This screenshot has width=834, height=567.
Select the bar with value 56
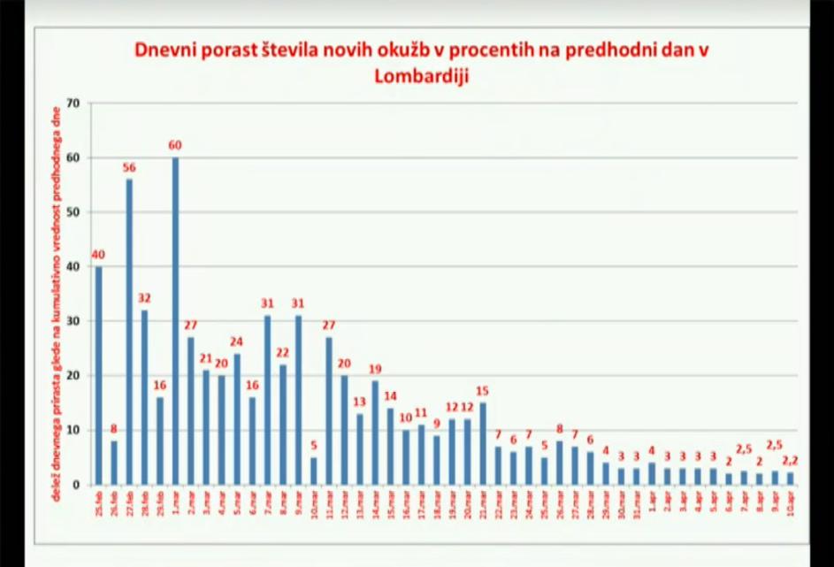(129, 332)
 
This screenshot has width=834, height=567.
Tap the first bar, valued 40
(98, 375)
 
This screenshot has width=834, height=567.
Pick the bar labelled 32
(144, 397)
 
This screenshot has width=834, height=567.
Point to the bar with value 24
(237, 419)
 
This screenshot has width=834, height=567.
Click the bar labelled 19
(375, 433)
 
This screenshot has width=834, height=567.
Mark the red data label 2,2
(790, 461)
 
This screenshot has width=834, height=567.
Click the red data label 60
(175, 145)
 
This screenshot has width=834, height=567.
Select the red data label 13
(359, 402)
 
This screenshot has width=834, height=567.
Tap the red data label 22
(282, 353)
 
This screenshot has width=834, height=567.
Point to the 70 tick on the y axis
(73, 103)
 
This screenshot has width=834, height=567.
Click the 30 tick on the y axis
(73, 321)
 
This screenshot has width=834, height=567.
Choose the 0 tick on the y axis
(77, 485)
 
